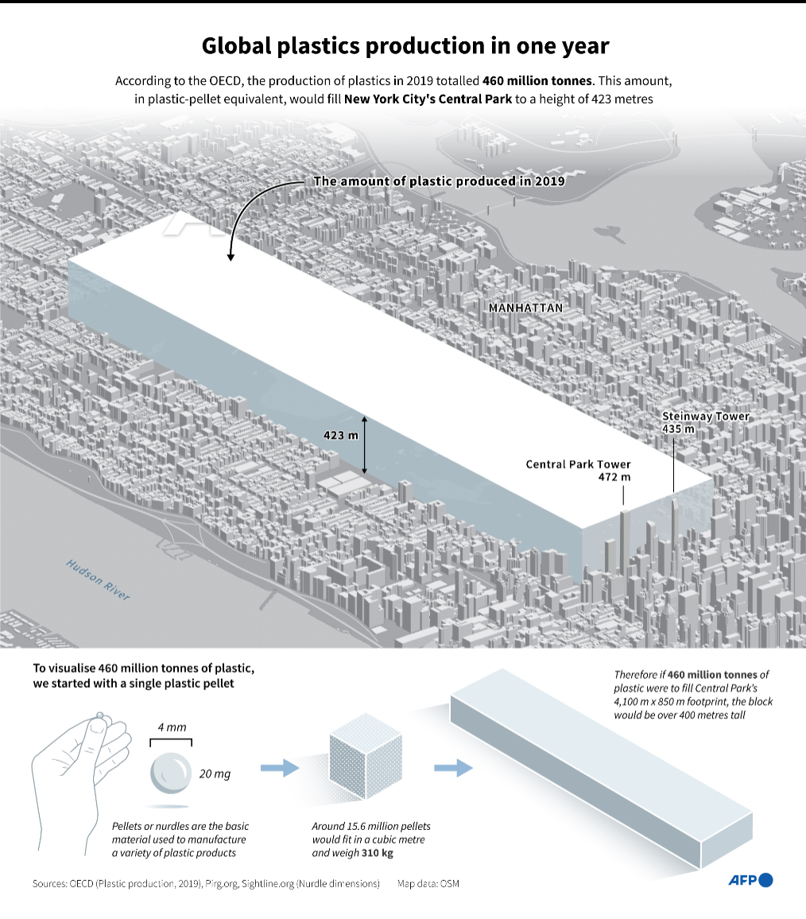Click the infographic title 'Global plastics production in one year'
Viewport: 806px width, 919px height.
tap(405, 46)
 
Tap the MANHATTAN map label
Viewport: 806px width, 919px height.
tap(525, 308)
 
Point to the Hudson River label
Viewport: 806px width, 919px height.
tap(98, 580)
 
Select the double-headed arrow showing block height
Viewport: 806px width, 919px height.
tap(365, 444)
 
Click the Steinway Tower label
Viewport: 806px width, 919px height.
tap(706, 417)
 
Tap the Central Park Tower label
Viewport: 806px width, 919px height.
tap(578, 464)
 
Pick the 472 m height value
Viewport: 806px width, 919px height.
tap(614, 477)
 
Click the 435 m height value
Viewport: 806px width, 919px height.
tap(678, 429)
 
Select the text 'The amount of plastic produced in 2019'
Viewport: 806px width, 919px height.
tap(439, 181)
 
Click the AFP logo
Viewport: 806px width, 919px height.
tap(750, 879)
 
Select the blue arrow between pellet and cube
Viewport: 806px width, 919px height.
tap(279, 767)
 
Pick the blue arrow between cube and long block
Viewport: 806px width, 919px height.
tap(453, 767)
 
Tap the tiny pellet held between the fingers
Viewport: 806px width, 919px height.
tap(100, 715)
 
